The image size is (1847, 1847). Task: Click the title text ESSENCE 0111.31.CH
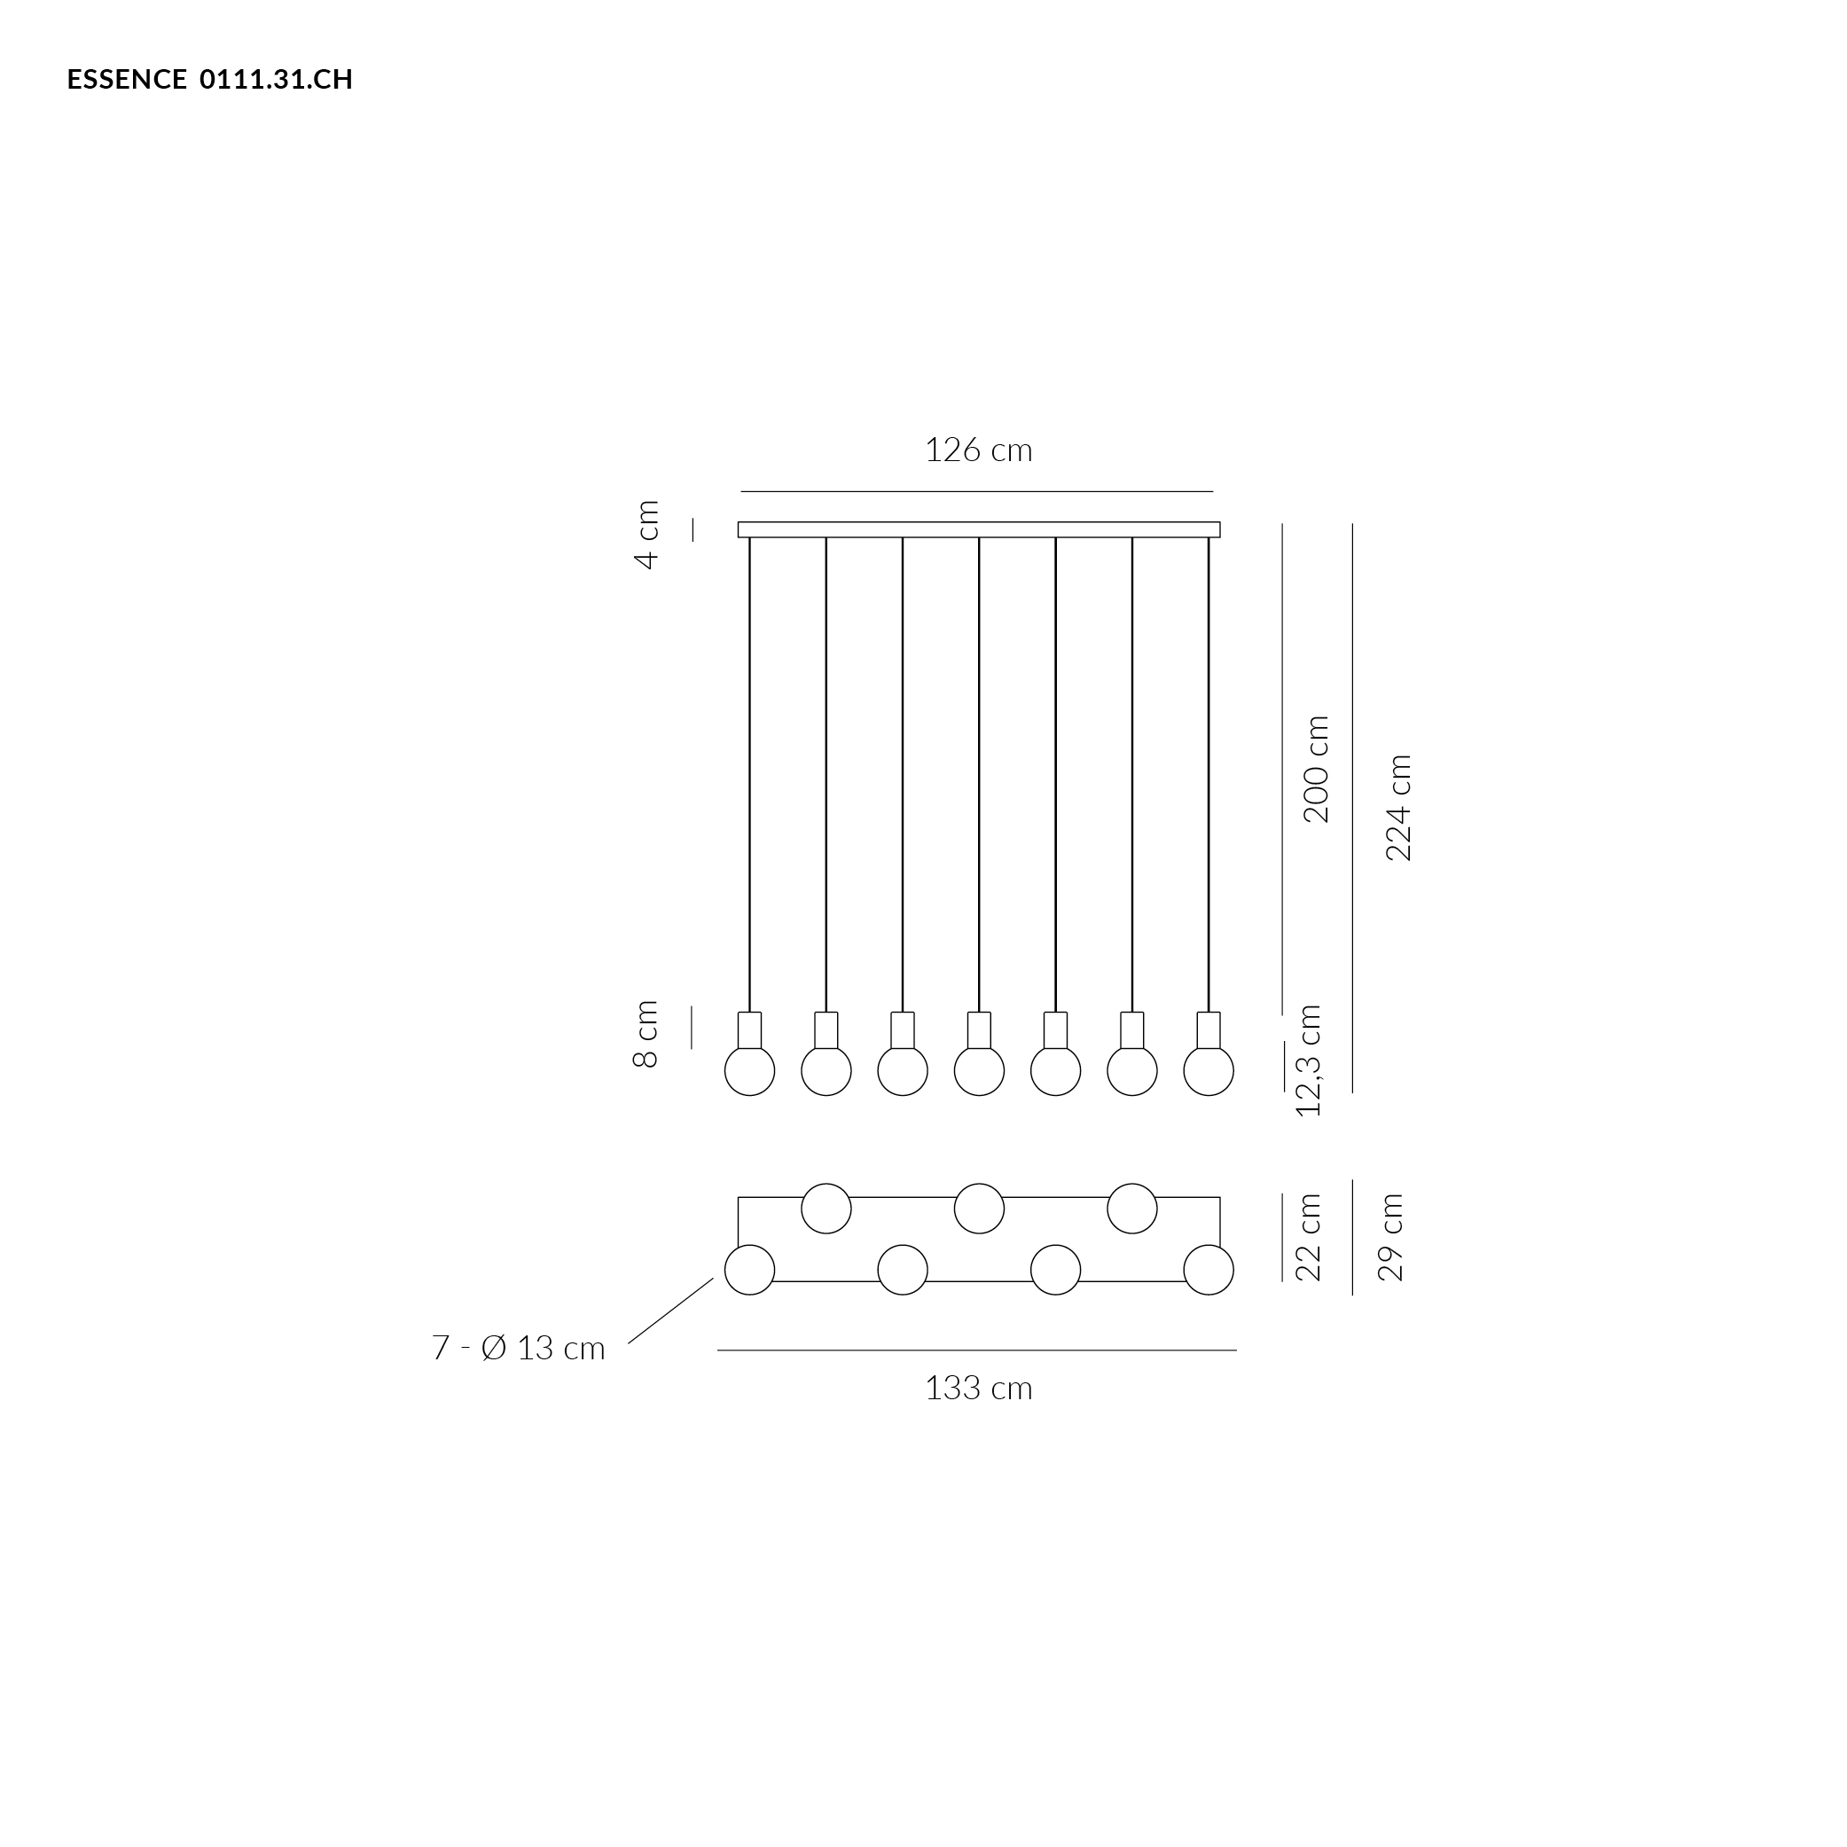pyautogui.click(x=209, y=79)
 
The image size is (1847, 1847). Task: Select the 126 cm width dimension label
pyautogui.click(x=978, y=450)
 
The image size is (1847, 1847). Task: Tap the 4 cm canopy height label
pyautogui.click(x=647, y=535)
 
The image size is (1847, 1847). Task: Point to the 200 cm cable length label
pyautogui.click(x=1317, y=769)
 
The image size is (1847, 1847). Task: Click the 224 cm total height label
pyautogui.click(x=1398, y=808)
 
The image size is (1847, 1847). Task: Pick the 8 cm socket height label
pyautogui.click(x=646, y=1033)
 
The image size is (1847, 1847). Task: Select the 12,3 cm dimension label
pyautogui.click(x=1308, y=1060)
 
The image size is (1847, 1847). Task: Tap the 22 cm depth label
pyautogui.click(x=1308, y=1237)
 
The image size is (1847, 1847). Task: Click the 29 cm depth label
pyautogui.click(x=1390, y=1237)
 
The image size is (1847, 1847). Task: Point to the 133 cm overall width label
pyautogui.click(x=978, y=1388)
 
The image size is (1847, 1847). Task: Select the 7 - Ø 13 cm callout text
pyautogui.click(x=518, y=1348)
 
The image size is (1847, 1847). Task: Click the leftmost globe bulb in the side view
pyautogui.click(x=749, y=1071)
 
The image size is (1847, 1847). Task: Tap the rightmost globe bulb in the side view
pyautogui.click(x=1209, y=1071)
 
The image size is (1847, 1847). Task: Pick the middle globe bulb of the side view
pyautogui.click(x=979, y=1071)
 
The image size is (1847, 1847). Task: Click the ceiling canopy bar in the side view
pyautogui.click(x=979, y=529)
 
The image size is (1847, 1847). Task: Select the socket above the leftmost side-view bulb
pyautogui.click(x=749, y=1030)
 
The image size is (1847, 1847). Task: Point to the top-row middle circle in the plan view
pyautogui.click(x=979, y=1209)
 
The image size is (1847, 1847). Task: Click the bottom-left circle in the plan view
pyautogui.click(x=749, y=1270)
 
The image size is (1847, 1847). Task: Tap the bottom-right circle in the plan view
pyautogui.click(x=1209, y=1270)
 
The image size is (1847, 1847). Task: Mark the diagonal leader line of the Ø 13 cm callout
pyautogui.click(x=671, y=1311)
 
